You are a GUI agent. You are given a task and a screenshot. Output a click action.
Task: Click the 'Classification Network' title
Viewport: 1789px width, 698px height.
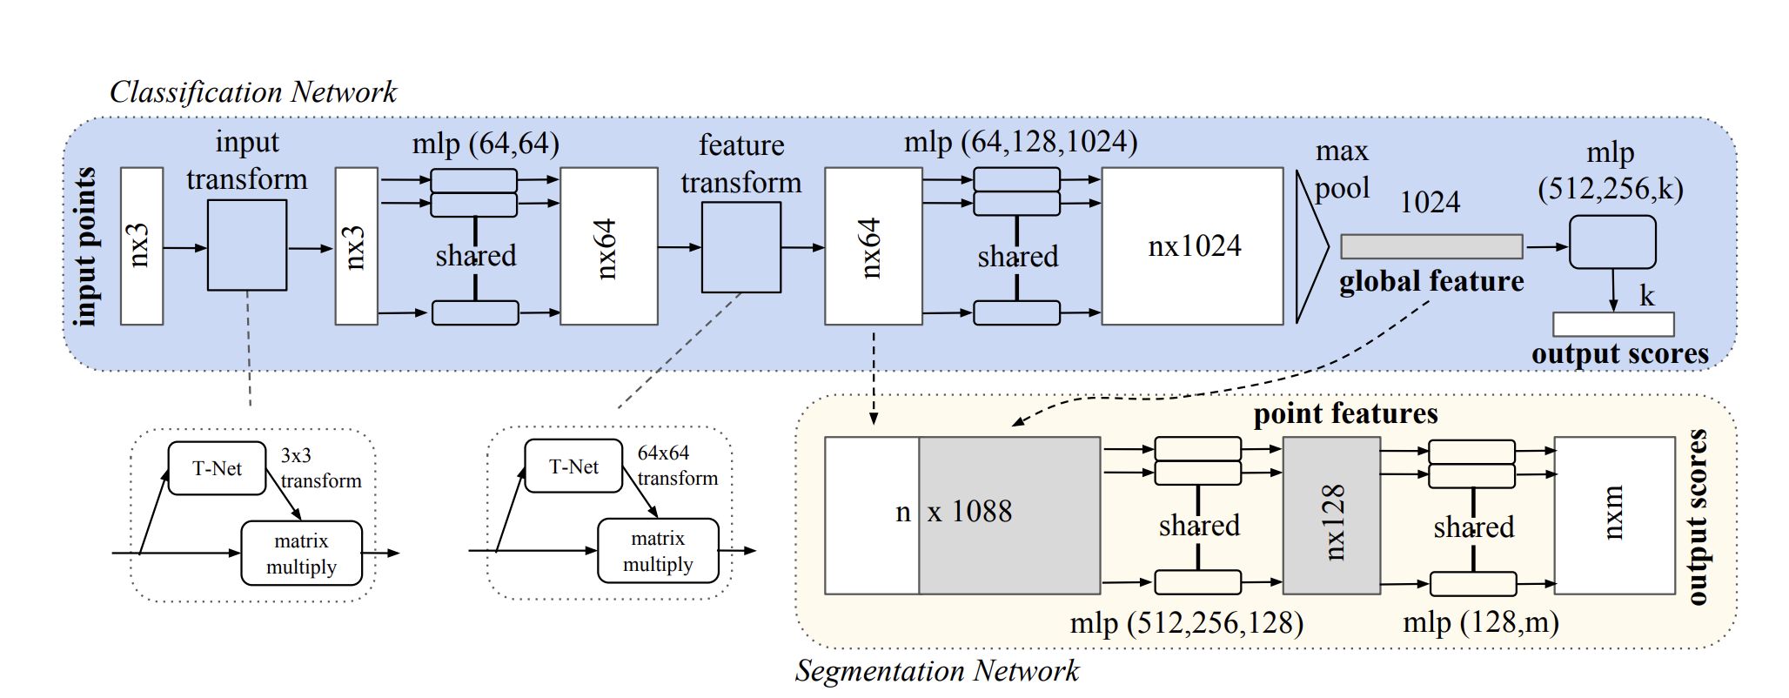(253, 91)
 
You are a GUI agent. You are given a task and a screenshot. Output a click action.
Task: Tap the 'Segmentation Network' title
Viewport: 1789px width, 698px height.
(937, 670)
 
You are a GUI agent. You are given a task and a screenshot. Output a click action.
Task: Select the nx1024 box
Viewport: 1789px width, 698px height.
(1193, 246)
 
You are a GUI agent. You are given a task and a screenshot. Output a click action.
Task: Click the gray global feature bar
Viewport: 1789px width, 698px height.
(1431, 246)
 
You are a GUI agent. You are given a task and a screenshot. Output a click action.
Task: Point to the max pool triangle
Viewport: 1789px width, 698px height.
(1310, 247)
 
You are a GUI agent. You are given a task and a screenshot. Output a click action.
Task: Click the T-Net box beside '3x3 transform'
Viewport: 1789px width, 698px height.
(217, 468)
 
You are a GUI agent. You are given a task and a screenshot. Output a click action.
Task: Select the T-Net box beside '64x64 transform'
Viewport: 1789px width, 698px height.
(573, 466)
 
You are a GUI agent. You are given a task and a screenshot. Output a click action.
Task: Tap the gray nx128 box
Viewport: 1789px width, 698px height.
(1331, 515)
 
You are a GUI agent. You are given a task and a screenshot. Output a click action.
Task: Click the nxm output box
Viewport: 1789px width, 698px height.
(1614, 515)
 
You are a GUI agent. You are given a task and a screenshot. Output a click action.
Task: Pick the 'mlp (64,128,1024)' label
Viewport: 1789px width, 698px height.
(1021, 142)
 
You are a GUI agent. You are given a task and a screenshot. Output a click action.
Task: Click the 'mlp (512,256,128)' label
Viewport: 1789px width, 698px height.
(1187, 623)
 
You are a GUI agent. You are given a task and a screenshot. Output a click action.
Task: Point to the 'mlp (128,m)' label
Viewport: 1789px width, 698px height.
(1481, 622)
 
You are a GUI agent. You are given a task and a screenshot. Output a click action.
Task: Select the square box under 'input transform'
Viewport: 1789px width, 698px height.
(247, 245)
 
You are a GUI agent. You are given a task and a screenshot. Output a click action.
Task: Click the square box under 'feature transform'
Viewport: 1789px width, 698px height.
(741, 247)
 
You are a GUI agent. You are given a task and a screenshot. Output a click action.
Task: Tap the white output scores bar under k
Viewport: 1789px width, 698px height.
(1613, 325)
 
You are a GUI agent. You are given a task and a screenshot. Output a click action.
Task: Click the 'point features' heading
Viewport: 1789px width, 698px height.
(1345, 413)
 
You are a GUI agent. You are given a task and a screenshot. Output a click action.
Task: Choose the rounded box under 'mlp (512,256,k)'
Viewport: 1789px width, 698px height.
(1612, 242)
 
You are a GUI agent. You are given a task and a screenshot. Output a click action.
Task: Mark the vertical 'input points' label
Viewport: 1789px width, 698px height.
(85, 247)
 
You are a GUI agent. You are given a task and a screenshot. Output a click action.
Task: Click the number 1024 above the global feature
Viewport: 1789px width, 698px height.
(1430, 203)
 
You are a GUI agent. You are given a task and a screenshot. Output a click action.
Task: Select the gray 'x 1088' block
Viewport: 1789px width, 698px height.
(1009, 515)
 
